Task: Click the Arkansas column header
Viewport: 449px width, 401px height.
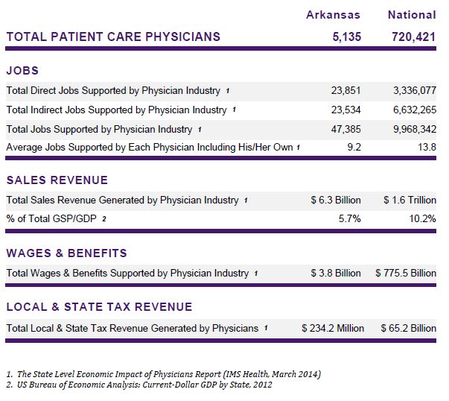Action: pos(333,15)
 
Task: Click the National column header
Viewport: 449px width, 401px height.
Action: pos(412,15)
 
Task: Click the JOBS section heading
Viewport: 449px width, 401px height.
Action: pos(22,71)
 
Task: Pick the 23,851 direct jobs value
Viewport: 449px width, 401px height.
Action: pos(345,91)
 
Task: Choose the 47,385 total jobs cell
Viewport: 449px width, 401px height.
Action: pos(345,129)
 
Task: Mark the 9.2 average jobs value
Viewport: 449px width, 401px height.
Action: pos(353,148)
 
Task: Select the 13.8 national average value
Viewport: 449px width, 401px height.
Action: pos(427,148)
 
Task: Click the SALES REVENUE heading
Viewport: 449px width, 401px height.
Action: pos(57,180)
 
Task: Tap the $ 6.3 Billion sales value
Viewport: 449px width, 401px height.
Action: pos(336,200)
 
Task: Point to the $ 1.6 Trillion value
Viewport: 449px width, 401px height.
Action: pos(410,200)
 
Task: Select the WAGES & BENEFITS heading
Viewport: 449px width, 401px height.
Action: pos(66,253)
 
